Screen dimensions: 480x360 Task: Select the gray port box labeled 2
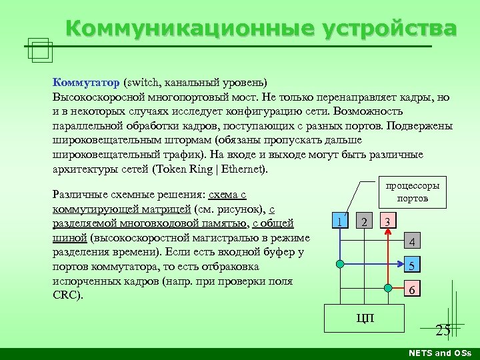[x=363, y=221]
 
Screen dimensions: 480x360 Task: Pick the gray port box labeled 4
[x=413, y=242]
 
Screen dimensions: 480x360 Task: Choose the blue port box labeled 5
[x=413, y=266]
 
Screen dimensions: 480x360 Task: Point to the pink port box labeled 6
[x=413, y=290]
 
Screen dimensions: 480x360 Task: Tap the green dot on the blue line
[x=340, y=265]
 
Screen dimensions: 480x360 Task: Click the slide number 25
[x=443, y=329]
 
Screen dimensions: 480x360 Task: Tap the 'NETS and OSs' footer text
[x=439, y=353]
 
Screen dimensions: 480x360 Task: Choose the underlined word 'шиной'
[x=69, y=236]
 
